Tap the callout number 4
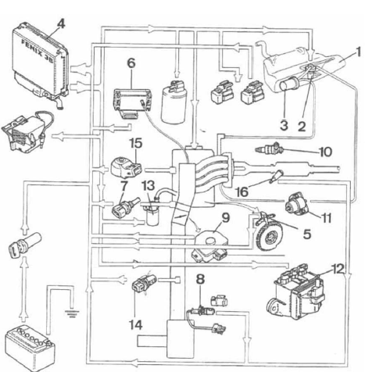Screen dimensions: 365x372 [60, 24]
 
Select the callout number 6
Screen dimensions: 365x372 [131, 63]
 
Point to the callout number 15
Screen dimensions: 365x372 [136, 143]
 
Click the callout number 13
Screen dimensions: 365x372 [148, 185]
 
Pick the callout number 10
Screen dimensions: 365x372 [325, 152]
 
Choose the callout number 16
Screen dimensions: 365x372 [242, 192]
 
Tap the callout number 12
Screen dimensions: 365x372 [338, 269]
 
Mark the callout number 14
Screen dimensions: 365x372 [136, 324]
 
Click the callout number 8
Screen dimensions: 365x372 [200, 279]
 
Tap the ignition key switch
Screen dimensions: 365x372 [25, 244]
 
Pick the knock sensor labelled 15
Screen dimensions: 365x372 [126, 167]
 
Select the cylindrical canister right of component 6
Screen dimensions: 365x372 [174, 102]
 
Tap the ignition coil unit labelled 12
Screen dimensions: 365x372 [296, 292]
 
